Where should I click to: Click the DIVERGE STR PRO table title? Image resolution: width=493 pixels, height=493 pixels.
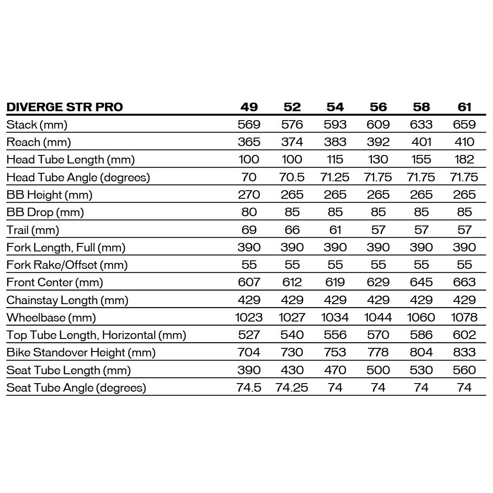[65, 107]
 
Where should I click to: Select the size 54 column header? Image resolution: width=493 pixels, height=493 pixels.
[335, 107]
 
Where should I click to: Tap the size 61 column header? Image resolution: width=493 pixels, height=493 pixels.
[464, 107]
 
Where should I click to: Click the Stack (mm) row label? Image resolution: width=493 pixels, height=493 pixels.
[37, 125]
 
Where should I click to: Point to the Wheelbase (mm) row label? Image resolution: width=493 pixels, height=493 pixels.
[51, 318]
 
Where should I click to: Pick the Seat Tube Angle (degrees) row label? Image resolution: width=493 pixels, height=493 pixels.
[76, 388]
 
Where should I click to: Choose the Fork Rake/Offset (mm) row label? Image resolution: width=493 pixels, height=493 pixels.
[67, 265]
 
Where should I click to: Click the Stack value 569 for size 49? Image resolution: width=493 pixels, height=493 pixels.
[249, 125]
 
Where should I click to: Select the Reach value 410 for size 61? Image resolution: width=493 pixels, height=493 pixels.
[464, 142]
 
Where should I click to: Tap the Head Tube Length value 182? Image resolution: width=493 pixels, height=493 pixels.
[464, 159]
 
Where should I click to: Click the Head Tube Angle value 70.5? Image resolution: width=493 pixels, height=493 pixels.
[292, 177]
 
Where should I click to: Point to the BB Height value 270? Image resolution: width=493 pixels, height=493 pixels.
[249, 195]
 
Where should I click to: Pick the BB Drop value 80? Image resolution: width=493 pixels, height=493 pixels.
[249, 212]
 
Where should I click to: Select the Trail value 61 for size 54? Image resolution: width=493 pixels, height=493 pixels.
[335, 230]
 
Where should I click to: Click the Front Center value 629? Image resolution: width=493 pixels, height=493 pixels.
[378, 282]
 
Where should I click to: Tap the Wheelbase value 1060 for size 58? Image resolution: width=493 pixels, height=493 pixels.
[421, 318]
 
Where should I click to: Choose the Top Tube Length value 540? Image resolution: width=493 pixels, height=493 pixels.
[292, 335]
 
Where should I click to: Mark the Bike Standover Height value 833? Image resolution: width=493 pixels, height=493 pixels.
[464, 352]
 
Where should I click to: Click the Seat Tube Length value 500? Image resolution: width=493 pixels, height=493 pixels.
[378, 370]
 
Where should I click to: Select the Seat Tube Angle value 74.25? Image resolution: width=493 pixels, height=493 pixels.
[292, 388]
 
